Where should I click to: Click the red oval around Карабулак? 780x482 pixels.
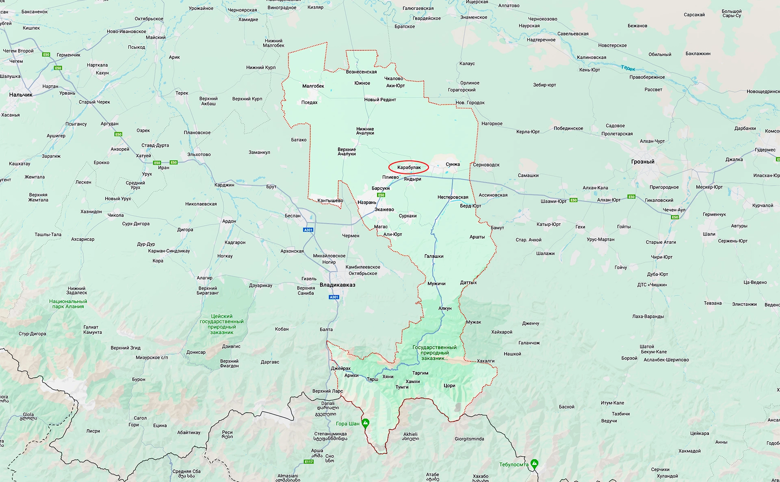[x=409, y=167]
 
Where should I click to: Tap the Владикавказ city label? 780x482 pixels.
[x=337, y=285]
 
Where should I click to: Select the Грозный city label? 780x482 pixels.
[x=643, y=162]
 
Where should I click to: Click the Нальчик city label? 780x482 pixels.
[x=21, y=95]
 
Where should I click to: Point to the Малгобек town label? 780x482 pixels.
[x=313, y=86]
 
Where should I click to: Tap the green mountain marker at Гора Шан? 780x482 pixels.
[x=365, y=423]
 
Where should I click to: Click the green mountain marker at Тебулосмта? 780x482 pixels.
[x=535, y=463]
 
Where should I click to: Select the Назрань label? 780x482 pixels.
[x=367, y=202]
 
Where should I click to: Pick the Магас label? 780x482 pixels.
[x=381, y=227]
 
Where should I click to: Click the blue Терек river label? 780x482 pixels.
[x=628, y=68]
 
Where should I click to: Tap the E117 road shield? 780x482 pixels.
[x=309, y=462]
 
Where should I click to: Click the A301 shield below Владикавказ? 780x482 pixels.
[x=334, y=297]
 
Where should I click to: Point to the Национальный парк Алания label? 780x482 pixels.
[x=68, y=304]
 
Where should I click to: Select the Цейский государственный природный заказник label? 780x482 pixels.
[x=222, y=324]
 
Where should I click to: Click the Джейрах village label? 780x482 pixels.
[x=340, y=368]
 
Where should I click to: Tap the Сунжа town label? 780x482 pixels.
[x=453, y=164]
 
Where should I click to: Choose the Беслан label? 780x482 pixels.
[x=292, y=216]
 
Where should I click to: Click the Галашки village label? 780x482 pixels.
[x=434, y=256]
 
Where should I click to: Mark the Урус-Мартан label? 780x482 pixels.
[x=600, y=239]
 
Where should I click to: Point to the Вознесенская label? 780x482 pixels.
[x=361, y=72]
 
